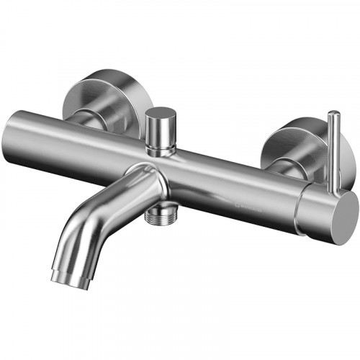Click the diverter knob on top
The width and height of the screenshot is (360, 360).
coord(161,130)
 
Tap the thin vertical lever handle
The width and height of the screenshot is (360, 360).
coord(333,151)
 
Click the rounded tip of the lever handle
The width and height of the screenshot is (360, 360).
coord(333,114)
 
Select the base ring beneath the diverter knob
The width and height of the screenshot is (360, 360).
coord(161,149)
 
